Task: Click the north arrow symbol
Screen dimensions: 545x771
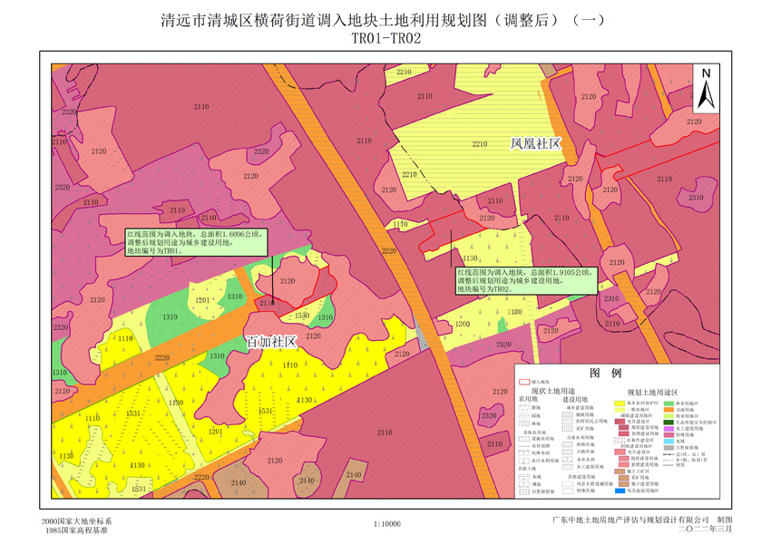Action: [x=707, y=87]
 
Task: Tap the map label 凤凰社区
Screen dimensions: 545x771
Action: [x=536, y=144]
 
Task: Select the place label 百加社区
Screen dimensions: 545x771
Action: [x=272, y=342]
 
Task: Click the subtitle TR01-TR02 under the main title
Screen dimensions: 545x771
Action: [x=385, y=38]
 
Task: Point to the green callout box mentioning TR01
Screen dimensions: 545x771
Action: [x=195, y=242]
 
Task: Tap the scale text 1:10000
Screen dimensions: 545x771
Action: [x=386, y=524]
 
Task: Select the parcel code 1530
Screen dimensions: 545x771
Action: [x=302, y=316]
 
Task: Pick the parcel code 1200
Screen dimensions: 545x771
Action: [x=463, y=323]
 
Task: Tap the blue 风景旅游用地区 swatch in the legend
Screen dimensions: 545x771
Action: [x=622, y=490]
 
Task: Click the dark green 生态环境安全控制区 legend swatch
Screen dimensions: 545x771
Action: [x=670, y=422]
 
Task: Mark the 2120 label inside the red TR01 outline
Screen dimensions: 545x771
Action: [x=288, y=281]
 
